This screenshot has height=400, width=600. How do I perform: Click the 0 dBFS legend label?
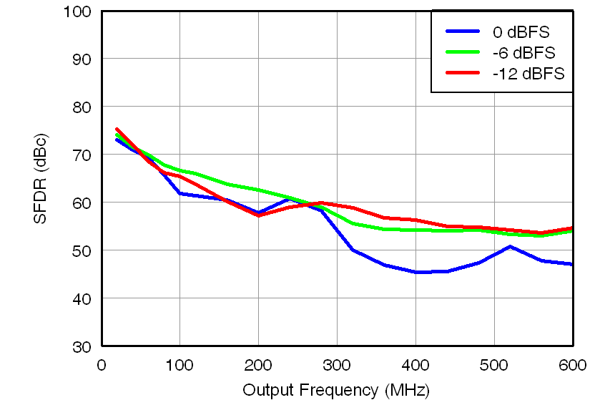click(521, 32)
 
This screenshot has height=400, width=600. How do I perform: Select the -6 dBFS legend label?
click(523, 53)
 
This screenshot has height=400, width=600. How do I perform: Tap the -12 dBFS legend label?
click(528, 74)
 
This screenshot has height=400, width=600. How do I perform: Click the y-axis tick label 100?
click(77, 11)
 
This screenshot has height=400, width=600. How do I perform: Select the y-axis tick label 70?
click(82, 155)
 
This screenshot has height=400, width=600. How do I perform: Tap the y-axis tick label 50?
click(82, 250)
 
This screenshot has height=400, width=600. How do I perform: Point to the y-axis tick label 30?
click(82, 346)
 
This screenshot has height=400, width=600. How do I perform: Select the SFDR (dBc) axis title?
click(41, 178)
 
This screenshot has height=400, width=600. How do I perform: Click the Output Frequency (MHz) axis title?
click(335, 390)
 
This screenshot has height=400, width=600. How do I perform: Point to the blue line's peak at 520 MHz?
click(510, 247)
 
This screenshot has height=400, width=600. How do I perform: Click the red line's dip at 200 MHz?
click(258, 215)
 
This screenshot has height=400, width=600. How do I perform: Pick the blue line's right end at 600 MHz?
click(572, 264)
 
